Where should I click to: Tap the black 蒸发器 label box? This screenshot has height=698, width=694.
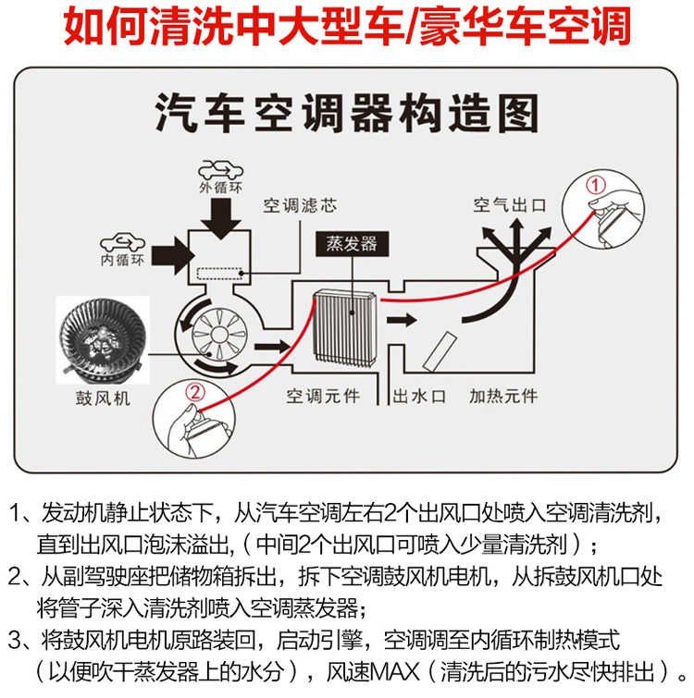click(352, 245)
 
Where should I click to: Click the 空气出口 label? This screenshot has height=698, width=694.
click(509, 203)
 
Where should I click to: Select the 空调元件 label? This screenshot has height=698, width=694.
click(322, 397)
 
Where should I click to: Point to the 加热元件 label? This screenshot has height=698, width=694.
click(503, 397)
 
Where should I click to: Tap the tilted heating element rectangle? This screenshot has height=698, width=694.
click(440, 350)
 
